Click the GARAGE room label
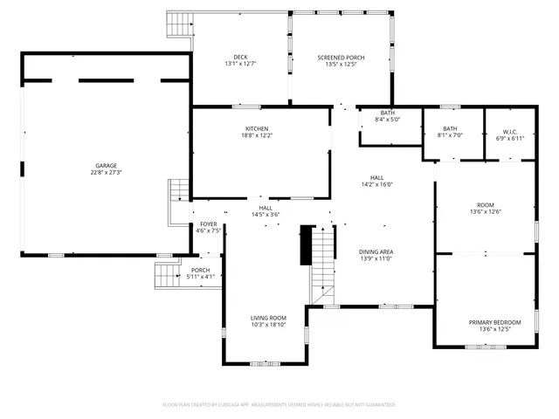coord(106,165)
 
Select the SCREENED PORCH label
coord(341,57)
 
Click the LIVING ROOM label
coord(268,318)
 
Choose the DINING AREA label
coord(376,251)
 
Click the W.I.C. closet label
coord(509,132)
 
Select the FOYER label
coord(208,224)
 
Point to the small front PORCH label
coord(201,270)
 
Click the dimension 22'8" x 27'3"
coord(106,172)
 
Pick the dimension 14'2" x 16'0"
coord(377,184)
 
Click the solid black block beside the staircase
coord(306,244)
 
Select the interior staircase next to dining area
coord(323,262)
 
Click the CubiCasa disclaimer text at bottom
coord(279,404)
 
